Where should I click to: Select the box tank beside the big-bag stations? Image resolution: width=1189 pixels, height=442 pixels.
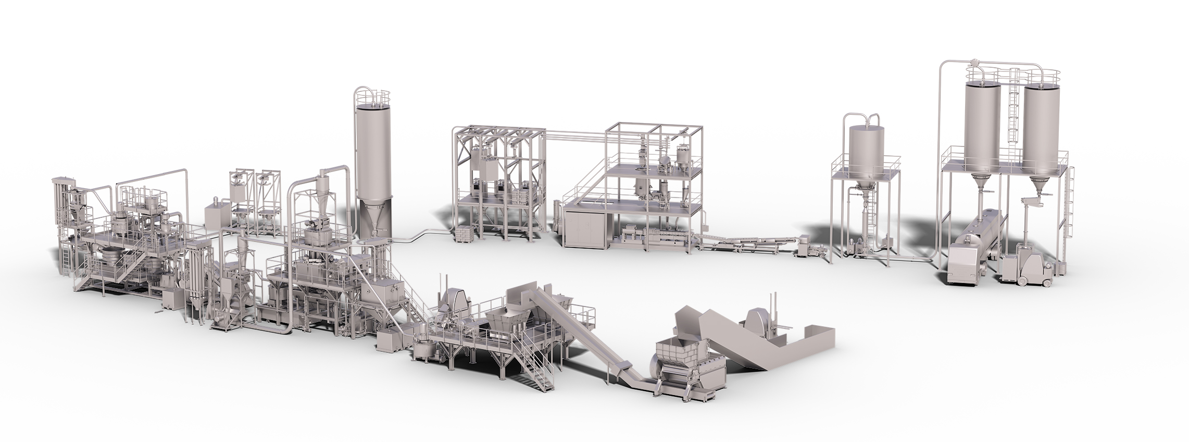pyautogui.click(x=214, y=214)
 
